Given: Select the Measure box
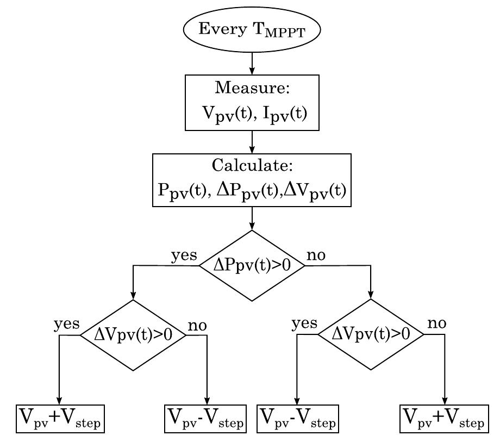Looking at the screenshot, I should pos(252,103).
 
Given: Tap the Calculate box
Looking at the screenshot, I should pos(252,180).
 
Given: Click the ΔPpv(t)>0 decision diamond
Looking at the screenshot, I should pos(252,266).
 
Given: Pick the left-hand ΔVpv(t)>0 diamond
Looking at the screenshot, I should pos(133,335).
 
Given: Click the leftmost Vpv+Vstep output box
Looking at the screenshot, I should pos(60,419).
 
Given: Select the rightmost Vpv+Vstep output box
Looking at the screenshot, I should pos(444,419).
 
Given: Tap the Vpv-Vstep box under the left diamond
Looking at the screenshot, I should pos(205,419).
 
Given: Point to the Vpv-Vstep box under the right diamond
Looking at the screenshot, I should pos(298,419).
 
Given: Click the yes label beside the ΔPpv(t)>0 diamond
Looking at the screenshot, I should pos(184,256).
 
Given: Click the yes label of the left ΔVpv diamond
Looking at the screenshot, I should pos(66,325).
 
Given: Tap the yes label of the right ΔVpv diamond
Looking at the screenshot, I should pos(304,324).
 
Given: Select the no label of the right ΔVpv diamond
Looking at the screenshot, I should pos(436,324).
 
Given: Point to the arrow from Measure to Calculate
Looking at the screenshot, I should pos(252,142).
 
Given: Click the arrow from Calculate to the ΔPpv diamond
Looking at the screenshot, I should pos(252,219).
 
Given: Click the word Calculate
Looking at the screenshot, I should pos(251,165).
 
